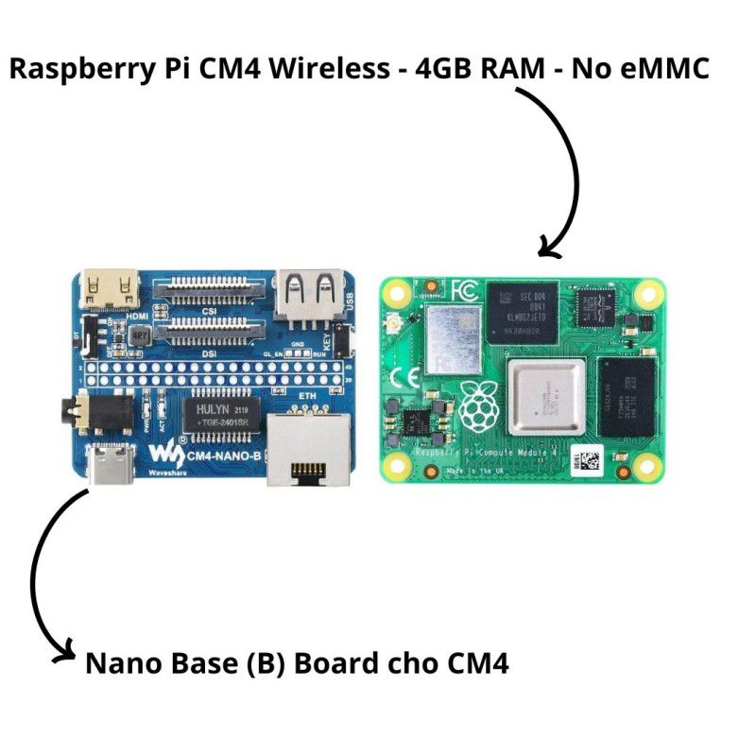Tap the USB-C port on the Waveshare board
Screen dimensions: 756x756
pyautogui.click(x=112, y=465)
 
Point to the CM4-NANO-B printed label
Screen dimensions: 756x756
pyautogui.click(x=224, y=457)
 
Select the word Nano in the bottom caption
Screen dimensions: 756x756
pyautogui.click(x=127, y=662)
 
